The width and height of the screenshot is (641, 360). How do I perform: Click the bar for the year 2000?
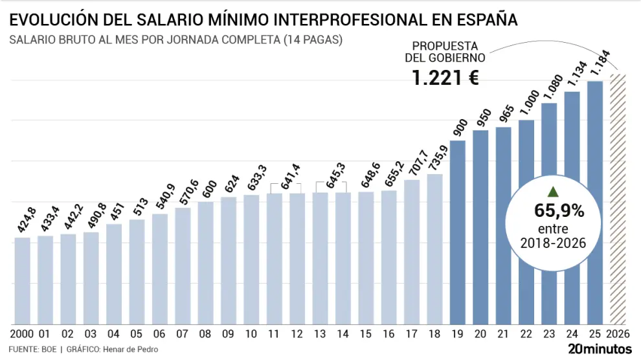click(22, 280)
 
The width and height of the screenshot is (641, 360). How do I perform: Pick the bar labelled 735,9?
click(435, 249)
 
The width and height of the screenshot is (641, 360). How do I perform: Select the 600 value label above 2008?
click(206, 189)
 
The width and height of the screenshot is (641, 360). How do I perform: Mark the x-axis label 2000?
click(22, 334)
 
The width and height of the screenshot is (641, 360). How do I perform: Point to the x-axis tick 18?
click(435, 334)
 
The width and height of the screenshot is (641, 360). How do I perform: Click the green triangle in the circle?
click(552, 191)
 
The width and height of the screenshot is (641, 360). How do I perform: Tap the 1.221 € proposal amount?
click(445, 79)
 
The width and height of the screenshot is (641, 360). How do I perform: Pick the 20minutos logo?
click(600, 348)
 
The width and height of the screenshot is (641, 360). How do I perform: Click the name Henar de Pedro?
click(133, 350)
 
